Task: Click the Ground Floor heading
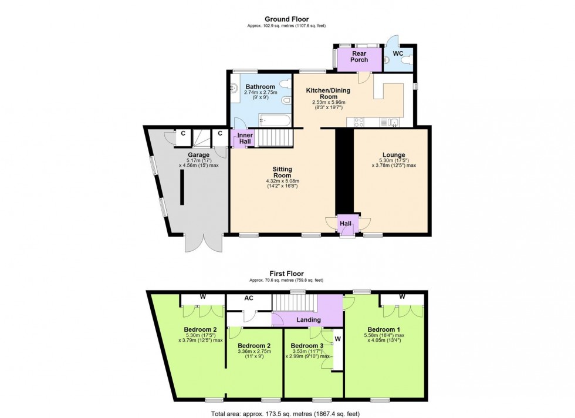click(287, 19)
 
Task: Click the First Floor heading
click(287, 274)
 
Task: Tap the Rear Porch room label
click(359, 57)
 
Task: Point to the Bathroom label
click(261, 87)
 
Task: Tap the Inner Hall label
click(245, 140)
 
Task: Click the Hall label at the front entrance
click(346, 224)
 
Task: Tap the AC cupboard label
click(249, 299)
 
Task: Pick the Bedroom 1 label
click(385, 329)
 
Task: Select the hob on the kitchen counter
click(358, 122)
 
